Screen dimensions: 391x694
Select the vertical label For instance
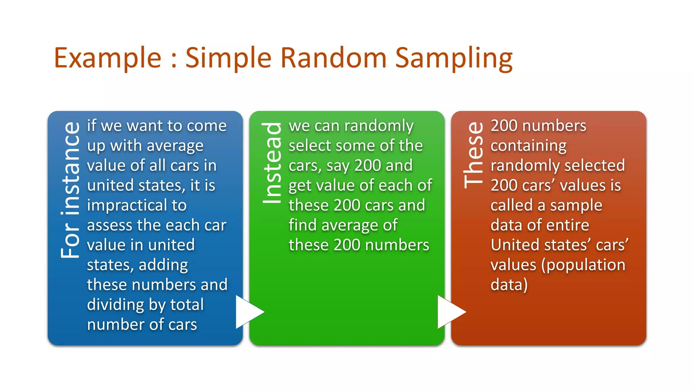click(70, 190)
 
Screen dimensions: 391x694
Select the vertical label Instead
click(272, 163)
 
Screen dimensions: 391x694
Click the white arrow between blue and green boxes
click(249, 312)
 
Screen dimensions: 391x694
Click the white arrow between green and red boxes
click(450, 312)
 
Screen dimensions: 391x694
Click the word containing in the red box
click(528, 146)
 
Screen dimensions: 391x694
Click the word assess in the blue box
click(105, 225)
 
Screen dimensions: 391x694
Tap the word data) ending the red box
click(509, 285)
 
